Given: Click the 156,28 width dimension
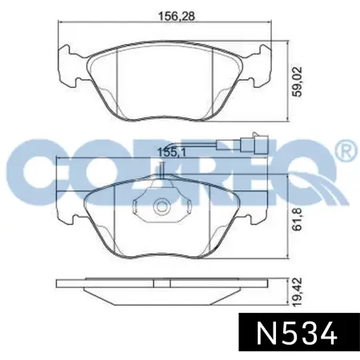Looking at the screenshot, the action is [x=177, y=16].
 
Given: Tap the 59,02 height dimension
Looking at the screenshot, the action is [x=297, y=82].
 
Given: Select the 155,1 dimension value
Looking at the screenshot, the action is [x=172, y=153].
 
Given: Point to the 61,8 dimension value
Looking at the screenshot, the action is [x=298, y=219].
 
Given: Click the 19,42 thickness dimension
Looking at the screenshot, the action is [x=298, y=292].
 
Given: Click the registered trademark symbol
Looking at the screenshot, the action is [x=348, y=150].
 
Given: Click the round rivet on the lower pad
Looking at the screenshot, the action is [x=161, y=206].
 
